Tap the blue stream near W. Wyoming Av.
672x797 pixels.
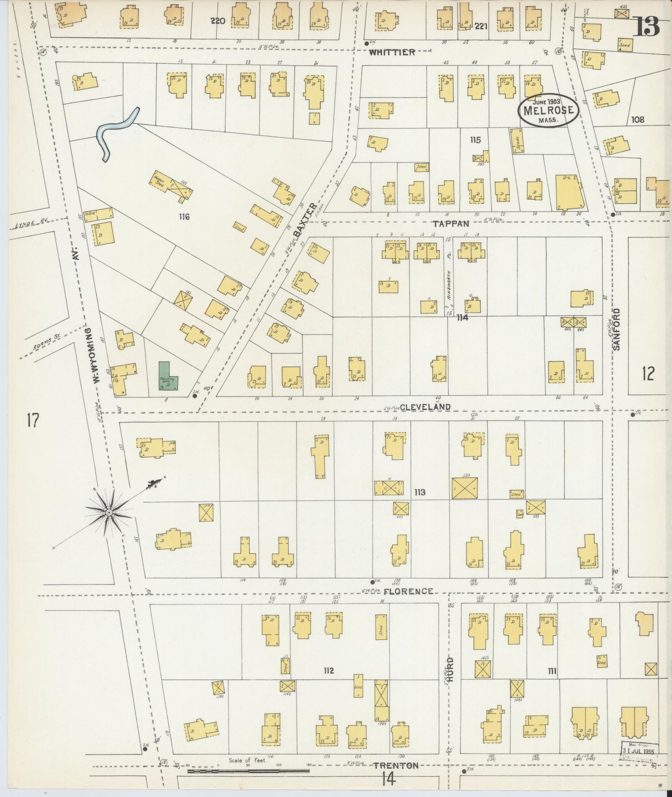(x=115, y=133)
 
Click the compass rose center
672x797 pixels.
(x=108, y=512)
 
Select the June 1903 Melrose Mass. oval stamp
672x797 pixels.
(x=549, y=110)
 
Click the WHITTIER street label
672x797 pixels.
(x=392, y=53)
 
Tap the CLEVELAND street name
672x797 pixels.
(x=425, y=407)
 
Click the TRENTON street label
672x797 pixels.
(x=396, y=765)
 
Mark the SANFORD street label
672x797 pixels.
(x=617, y=329)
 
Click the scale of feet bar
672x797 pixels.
(x=248, y=771)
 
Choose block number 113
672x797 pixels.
(x=419, y=492)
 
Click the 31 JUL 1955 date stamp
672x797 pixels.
(x=639, y=751)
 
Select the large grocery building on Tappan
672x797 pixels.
(x=570, y=193)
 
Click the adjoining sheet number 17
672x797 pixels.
(x=32, y=420)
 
